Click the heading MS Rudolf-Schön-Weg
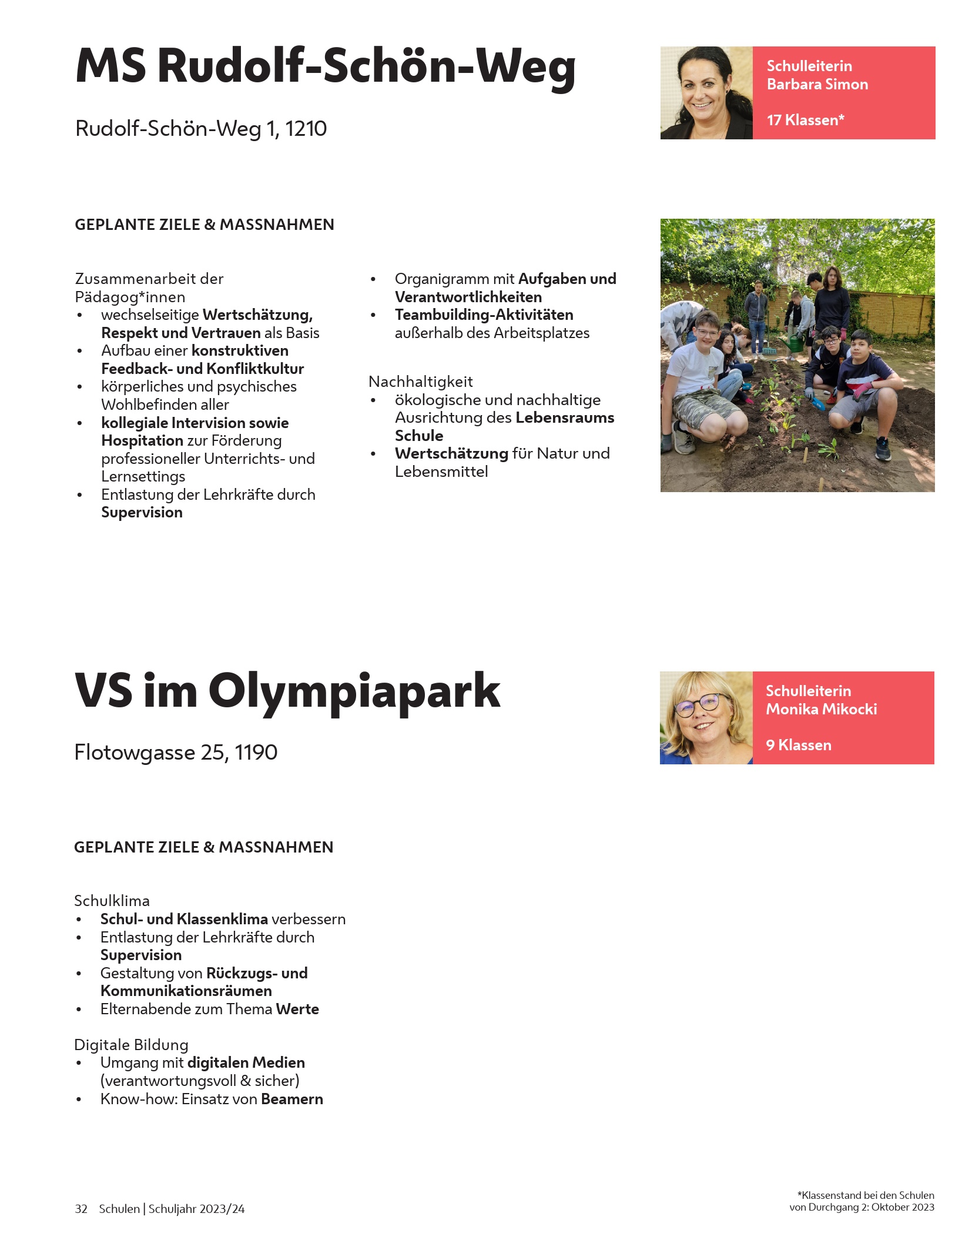pyautogui.click(x=325, y=66)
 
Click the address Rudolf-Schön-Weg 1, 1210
pyautogui.click(x=200, y=129)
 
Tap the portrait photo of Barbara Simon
pyautogui.click(x=706, y=93)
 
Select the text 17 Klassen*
pyautogui.click(x=805, y=121)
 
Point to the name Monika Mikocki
pyautogui.click(x=821, y=710)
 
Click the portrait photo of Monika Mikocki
pyautogui.click(x=706, y=718)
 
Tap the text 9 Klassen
pyautogui.click(x=798, y=746)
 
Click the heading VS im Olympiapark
pyautogui.click(x=287, y=691)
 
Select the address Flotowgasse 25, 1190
pyautogui.click(x=176, y=753)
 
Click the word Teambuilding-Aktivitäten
pyautogui.click(x=484, y=315)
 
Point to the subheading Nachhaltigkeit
pyautogui.click(x=420, y=382)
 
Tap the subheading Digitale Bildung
pyautogui.click(x=131, y=1045)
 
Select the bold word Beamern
pyautogui.click(x=292, y=1099)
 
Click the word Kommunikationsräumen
pyautogui.click(x=186, y=991)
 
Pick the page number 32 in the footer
pyautogui.click(x=81, y=1209)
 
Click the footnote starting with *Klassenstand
pyautogui.click(x=862, y=1201)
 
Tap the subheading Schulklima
pyautogui.click(x=112, y=901)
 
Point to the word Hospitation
pyautogui.click(x=142, y=441)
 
